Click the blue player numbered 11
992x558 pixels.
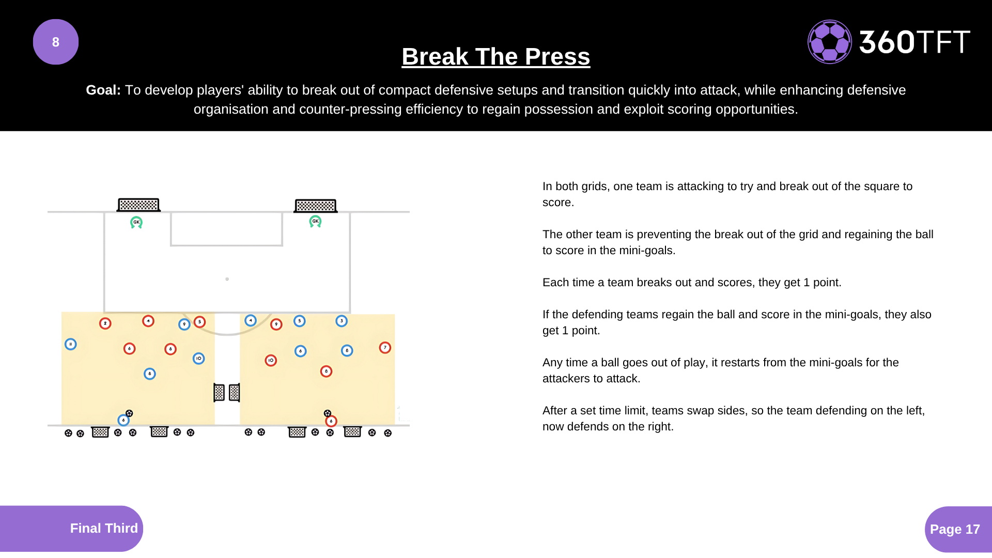click(71, 344)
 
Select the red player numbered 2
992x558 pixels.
click(105, 323)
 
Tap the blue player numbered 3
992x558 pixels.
click(342, 321)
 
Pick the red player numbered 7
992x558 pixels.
click(385, 348)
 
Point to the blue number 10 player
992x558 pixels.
click(198, 359)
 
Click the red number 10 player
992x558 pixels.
click(271, 361)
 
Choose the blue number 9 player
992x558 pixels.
click(184, 324)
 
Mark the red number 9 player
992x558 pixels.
click(276, 324)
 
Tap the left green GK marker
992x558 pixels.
click(136, 222)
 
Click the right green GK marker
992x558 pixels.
click(315, 222)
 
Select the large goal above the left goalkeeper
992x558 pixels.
click(138, 205)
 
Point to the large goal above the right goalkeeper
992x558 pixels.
click(316, 206)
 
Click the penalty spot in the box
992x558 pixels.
click(227, 279)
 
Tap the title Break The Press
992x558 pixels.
click(496, 56)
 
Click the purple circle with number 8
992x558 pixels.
click(56, 42)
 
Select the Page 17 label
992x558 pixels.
click(955, 529)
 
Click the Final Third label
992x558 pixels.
click(104, 528)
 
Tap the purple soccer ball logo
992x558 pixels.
click(829, 42)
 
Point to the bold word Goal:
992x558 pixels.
click(103, 90)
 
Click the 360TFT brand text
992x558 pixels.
click(915, 42)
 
